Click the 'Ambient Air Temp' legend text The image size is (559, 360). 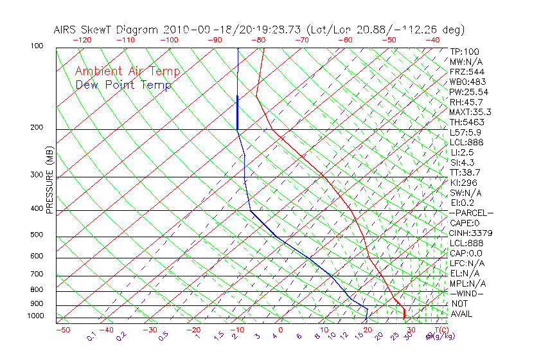[127, 71]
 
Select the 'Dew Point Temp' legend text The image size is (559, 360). [123, 85]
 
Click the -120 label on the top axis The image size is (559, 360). [82, 40]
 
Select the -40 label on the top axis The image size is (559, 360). [432, 40]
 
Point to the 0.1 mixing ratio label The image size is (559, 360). [91, 336]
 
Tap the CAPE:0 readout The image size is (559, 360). [465, 223]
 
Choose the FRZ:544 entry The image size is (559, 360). [464, 71]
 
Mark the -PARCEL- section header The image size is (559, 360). [471, 213]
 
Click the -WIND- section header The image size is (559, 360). [467, 293]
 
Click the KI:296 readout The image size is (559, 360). [462, 183]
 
